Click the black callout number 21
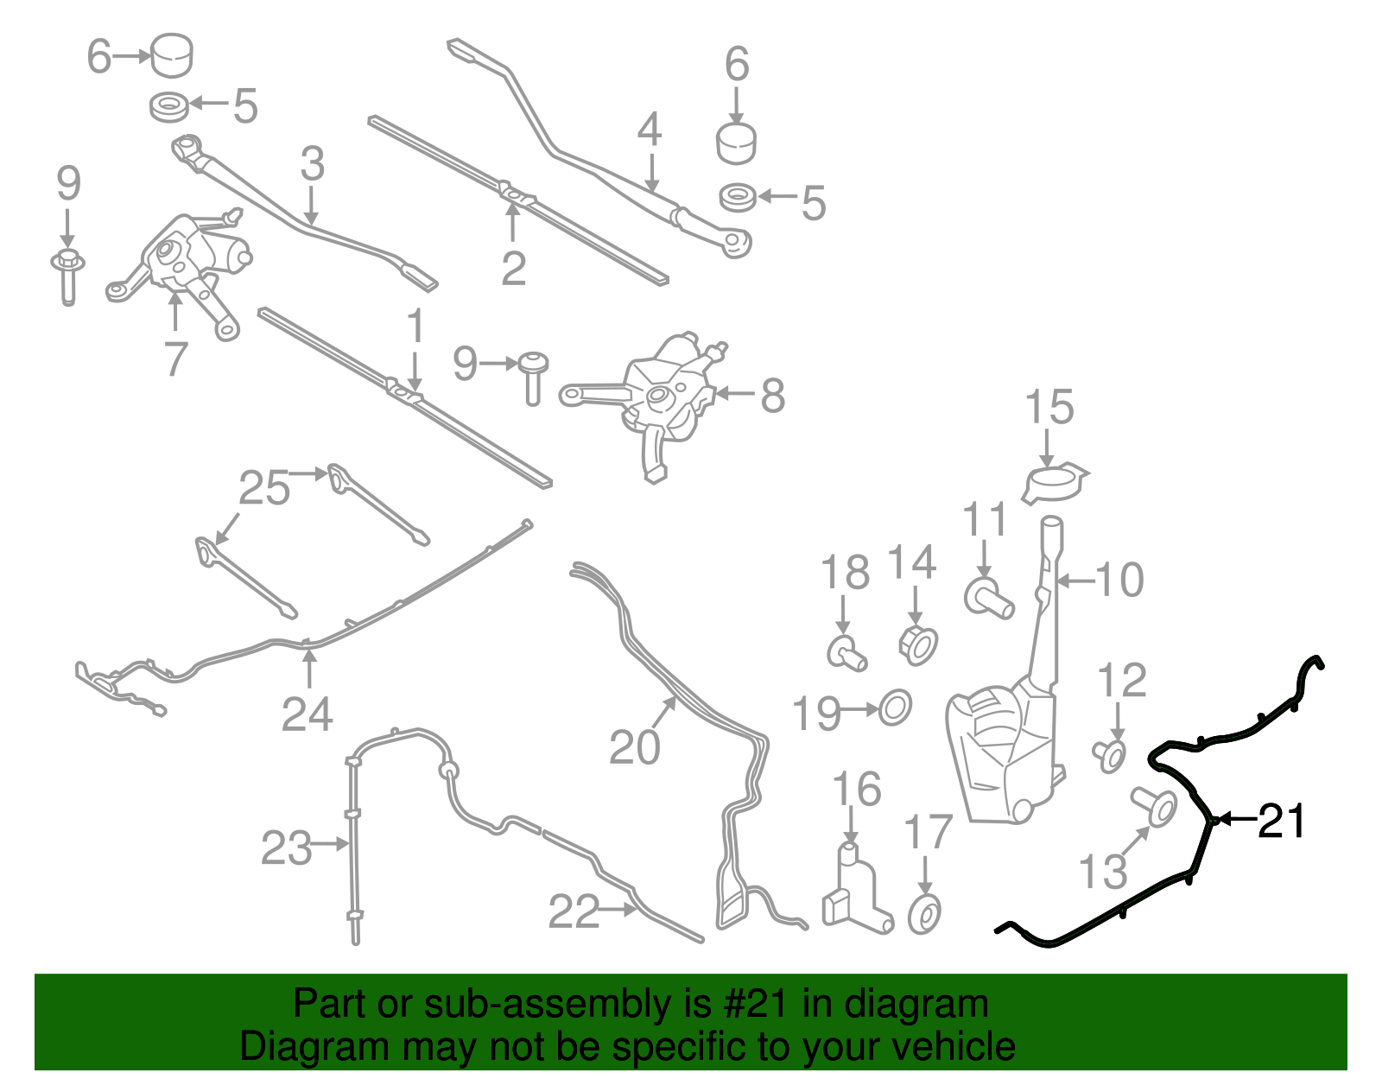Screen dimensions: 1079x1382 tap(1282, 821)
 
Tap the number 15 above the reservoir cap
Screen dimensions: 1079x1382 tap(1049, 408)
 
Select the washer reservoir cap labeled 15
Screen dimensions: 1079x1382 tap(1055, 481)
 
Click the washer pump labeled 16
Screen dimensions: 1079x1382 tap(854, 894)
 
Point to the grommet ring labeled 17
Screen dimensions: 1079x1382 tap(925, 914)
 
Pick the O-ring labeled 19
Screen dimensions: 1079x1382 tap(895, 709)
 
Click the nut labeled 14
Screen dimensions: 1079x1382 tap(917, 644)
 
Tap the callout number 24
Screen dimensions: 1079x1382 tap(307, 714)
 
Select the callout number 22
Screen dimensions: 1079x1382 tap(574, 911)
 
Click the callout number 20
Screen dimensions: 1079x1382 tap(635, 747)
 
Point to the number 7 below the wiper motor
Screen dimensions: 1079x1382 tap(175, 359)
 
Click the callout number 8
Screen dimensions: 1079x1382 tap(772, 397)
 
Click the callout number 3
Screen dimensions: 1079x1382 tap(312, 164)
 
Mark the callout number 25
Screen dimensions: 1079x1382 tap(264, 489)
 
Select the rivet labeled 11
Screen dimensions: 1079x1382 tap(988, 596)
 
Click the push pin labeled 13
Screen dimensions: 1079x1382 tap(1156, 805)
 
